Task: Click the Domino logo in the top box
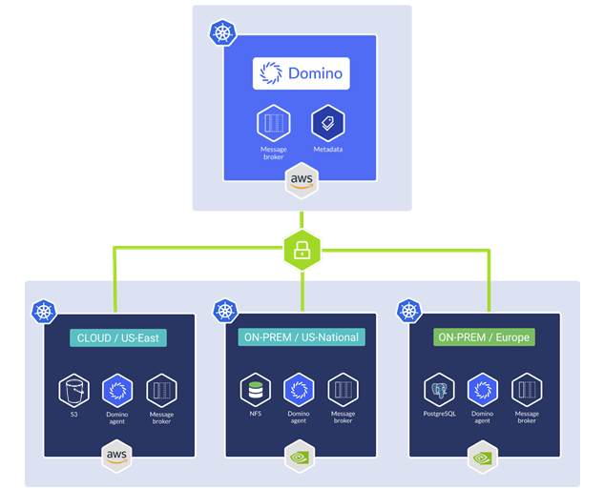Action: click(x=301, y=73)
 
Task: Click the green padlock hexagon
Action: click(x=302, y=252)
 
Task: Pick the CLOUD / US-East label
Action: click(x=118, y=337)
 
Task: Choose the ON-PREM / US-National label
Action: click(x=301, y=337)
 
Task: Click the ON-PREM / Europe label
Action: click(x=483, y=337)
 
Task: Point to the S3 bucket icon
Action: click(x=73, y=390)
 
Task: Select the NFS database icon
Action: click(x=255, y=390)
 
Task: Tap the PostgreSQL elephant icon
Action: click(x=439, y=390)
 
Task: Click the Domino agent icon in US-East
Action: click(x=117, y=390)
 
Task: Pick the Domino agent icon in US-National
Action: click(x=300, y=390)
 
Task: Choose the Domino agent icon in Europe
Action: click(x=483, y=390)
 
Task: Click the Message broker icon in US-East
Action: click(x=161, y=390)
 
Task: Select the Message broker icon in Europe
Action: click(x=527, y=390)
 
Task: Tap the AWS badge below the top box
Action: click(x=302, y=180)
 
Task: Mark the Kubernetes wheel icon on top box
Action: click(x=223, y=33)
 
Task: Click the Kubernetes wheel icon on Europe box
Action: click(x=408, y=311)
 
